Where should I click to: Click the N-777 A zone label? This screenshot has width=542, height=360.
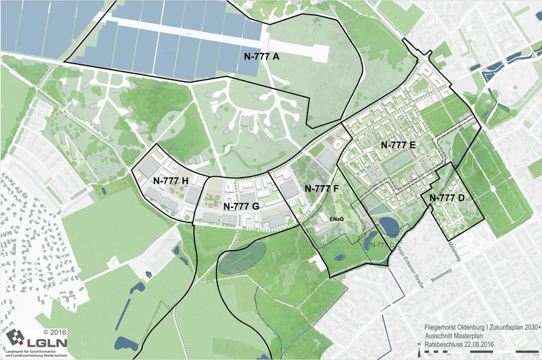pos(257,57)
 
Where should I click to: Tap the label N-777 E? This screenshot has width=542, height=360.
pos(399,145)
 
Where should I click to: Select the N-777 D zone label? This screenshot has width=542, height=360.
pos(447,198)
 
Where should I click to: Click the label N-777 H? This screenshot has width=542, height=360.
pos(171,180)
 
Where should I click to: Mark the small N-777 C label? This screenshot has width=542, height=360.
pos(381,245)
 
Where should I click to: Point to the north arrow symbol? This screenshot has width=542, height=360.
pos(418,351)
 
